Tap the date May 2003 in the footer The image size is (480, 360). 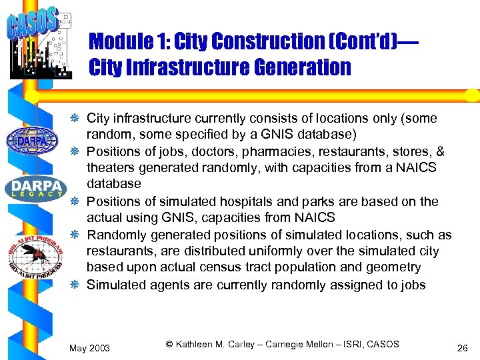[x=90, y=348]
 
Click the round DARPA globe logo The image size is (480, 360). [x=27, y=140]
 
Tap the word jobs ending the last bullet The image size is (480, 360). [x=413, y=285]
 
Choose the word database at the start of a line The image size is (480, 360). [x=114, y=184]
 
